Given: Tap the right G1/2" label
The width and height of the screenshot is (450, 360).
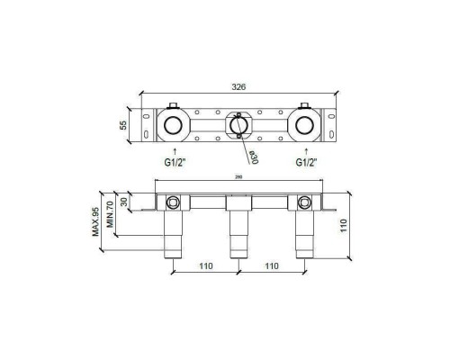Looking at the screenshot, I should tap(307, 163).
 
